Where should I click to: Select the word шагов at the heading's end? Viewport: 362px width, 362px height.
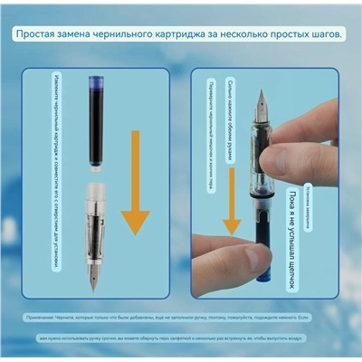[x=322, y=33]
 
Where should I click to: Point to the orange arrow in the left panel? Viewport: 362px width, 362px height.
[x=135, y=181]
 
